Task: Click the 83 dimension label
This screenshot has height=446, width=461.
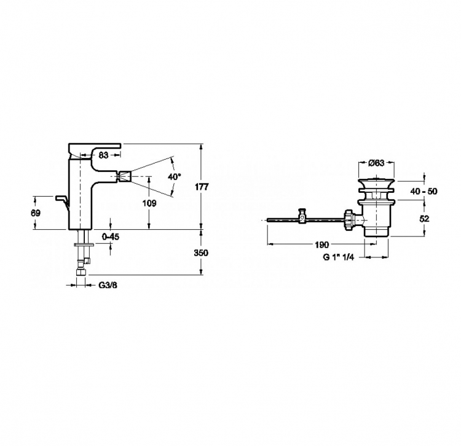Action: [103, 155]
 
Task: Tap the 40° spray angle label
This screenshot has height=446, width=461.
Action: [175, 176]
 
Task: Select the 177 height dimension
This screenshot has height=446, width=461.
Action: [202, 187]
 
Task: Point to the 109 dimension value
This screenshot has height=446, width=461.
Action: [149, 203]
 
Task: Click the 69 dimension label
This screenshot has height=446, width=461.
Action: [36, 213]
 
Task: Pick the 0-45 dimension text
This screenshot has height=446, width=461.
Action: [111, 237]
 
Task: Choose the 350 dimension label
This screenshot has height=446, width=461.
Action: [201, 252]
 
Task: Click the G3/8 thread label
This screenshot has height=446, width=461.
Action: [108, 285]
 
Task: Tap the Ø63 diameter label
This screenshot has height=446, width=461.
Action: [376, 162]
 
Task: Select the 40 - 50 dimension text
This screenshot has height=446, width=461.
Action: [424, 191]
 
